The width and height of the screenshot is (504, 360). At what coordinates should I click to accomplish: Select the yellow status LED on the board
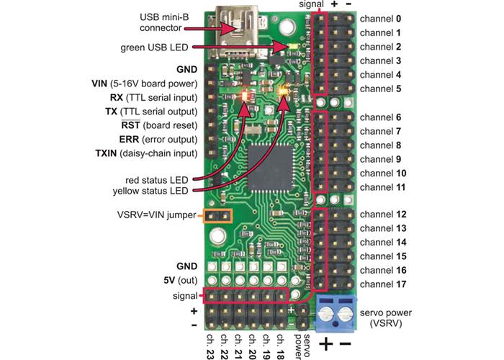click(284, 92)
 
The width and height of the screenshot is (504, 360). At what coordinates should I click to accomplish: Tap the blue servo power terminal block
click(337, 312)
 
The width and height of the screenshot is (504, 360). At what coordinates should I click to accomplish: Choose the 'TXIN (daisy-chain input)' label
click(145, 153)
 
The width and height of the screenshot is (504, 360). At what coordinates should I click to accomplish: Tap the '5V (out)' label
click(176, 280)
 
